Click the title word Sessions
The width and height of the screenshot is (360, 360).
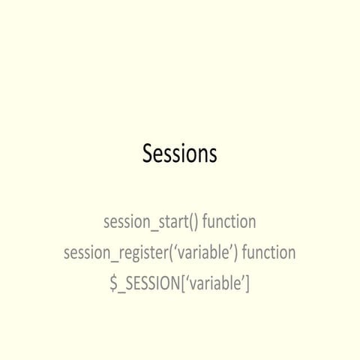coord(180,154)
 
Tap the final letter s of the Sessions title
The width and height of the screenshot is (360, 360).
coord(212,155)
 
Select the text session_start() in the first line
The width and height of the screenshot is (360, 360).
coord(150,223)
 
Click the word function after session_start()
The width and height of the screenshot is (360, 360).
coord(229,222)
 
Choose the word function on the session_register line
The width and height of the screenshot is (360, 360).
coord(268,253)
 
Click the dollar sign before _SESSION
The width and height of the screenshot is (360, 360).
coord(114,283)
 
